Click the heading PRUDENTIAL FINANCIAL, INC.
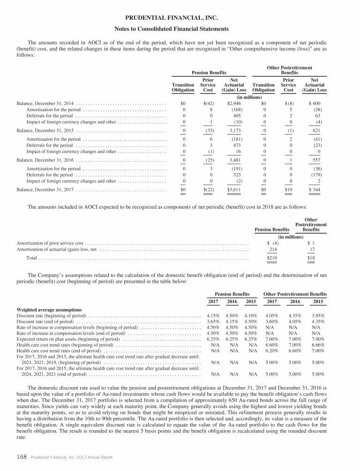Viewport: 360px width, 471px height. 180,19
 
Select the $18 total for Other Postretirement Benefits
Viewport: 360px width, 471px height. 311,258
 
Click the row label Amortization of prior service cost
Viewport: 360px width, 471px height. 50,243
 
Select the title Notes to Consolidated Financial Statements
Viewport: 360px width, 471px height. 180,29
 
